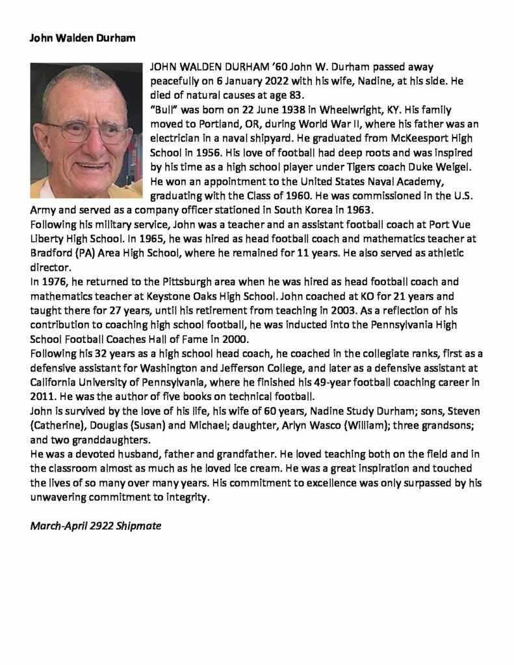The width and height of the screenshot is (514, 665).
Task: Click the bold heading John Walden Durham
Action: pos(83,38)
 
